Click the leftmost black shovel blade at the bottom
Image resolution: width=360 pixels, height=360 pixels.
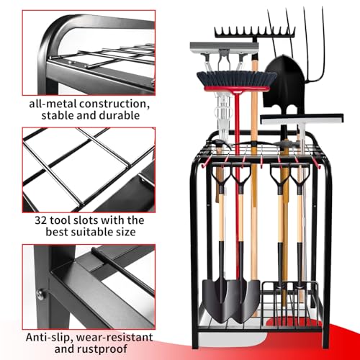pos(217,295)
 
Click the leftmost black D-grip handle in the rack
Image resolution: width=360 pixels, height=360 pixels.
pos(219,177)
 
